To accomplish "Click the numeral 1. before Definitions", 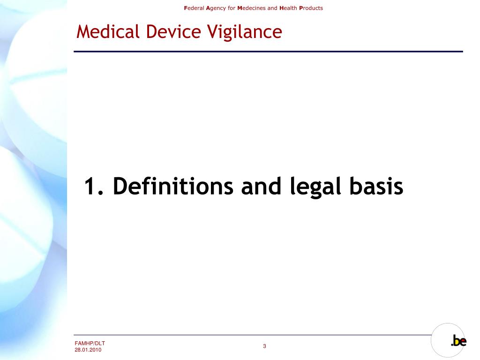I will (95, 187).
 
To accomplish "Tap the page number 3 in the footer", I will (264, 346).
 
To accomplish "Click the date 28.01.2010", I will (88, 350).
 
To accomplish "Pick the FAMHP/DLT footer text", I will (90, 344).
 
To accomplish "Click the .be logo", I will (458, 341).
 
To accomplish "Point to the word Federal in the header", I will (194, 8).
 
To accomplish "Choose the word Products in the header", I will (311, 8).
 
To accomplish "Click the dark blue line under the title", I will (269, 51).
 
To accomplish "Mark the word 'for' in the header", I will (232, 8).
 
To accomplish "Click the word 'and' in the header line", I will (272, 8).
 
